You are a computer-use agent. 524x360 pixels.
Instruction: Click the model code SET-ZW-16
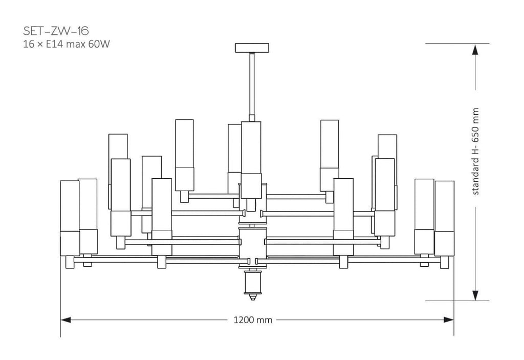tap(56, 31)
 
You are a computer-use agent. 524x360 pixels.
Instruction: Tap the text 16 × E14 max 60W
tap(67, 44)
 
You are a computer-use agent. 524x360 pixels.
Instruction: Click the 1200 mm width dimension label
tap(253, 320)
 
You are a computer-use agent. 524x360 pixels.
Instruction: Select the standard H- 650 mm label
tap(475, 151)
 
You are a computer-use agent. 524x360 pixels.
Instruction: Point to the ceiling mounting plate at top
tap(252, 48)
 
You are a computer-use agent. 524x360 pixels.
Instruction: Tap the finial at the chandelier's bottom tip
tap(253, 296)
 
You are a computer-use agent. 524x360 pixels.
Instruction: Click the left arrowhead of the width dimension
tap(65, 320)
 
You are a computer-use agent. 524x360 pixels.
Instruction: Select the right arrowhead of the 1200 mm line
tap(449, 320)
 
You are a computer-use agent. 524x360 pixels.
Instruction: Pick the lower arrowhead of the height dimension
tap(475, 295)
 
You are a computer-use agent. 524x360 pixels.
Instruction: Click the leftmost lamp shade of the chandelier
tap(70, 205)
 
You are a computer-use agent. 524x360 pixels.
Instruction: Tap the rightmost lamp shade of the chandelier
tap(445, 206)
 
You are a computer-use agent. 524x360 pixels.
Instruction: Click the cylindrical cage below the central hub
tap(253, 281)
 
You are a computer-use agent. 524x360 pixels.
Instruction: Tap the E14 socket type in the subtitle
tap(54, 44)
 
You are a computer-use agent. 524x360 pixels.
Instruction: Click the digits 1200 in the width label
tap(244, 320)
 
